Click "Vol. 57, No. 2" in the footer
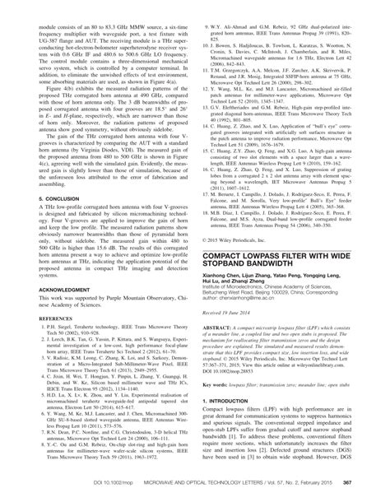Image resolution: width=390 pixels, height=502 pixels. pyautogui.click(x=272, y=493)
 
